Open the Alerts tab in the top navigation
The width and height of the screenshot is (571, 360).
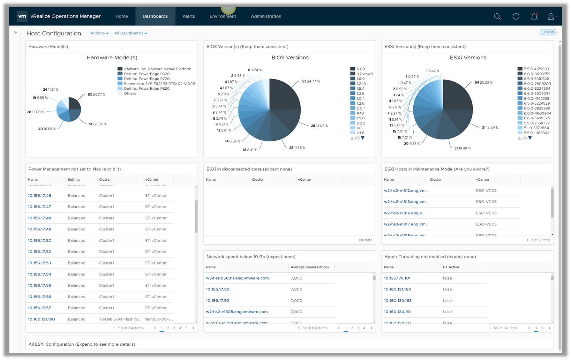click(x=188, y=16)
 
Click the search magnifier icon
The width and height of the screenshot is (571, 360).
click(x=497, y=16)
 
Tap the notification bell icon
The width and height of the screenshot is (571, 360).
click(x=534, y=16)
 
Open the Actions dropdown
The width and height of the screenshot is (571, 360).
click(x=99, y=33)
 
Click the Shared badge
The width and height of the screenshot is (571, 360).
click(x=548, y=32)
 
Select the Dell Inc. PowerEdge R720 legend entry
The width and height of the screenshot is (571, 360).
click(x=146, y=79)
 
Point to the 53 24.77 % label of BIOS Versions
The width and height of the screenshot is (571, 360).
click(x=311, y=81)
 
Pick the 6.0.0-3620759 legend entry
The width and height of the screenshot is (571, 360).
click(x=537, y=74)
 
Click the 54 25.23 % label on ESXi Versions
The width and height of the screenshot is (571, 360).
click(x=484, y=82)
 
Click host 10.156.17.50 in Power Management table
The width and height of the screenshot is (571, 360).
click(x=40, y=241)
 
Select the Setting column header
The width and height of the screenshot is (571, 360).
click(x=74, y=180)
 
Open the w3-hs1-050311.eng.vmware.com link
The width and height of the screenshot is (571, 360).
click(x=237, y=278)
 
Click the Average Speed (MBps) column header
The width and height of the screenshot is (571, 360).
click(x=309, y=267)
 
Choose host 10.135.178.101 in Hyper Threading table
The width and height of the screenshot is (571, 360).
click(x=397, y=278)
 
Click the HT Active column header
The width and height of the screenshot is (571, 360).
click(x=451, y=267)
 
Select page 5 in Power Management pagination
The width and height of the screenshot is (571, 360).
click(x=186, y=328)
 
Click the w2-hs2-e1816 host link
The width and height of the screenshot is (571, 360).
click(x=404, y=213)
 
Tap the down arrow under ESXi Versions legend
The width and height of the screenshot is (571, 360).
click(x=530, y=138)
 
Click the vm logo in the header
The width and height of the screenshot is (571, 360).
click(x=22, y=16)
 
